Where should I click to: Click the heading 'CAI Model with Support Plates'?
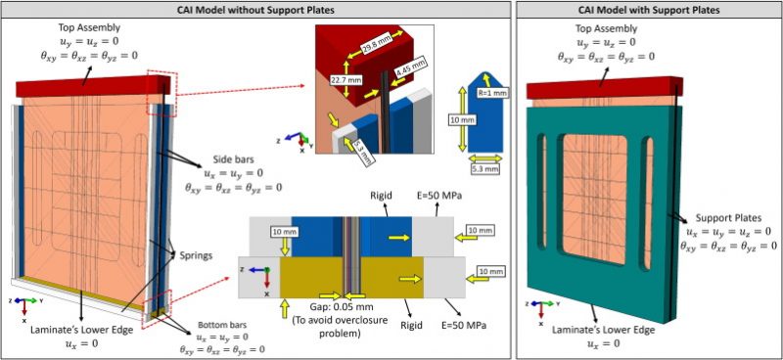648,10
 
